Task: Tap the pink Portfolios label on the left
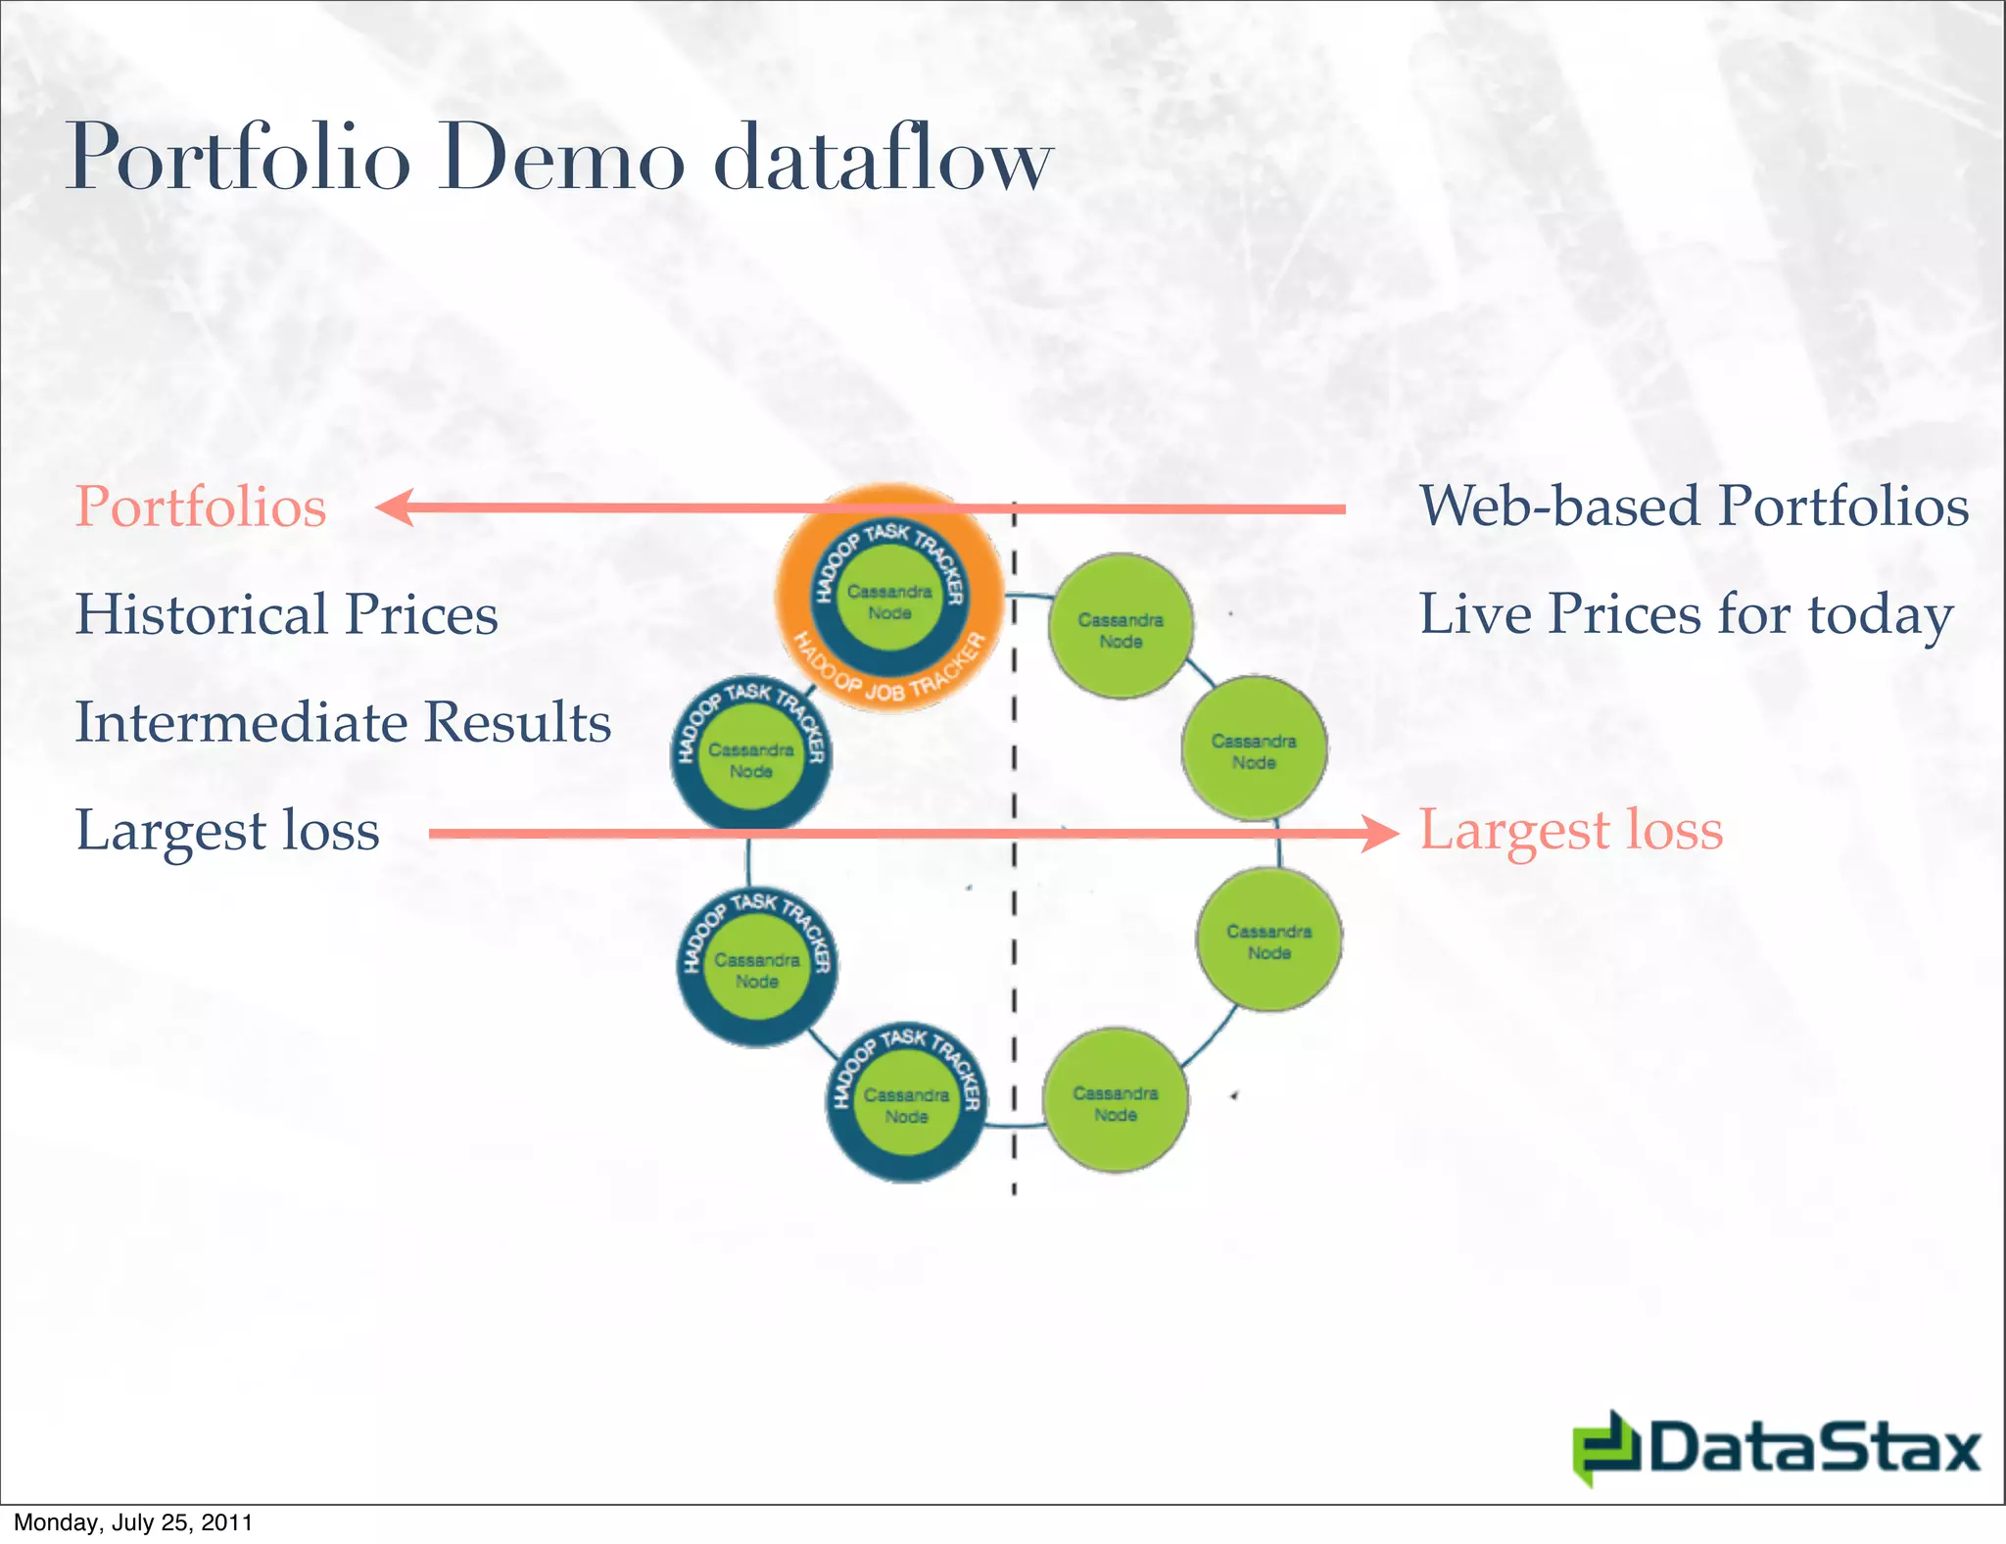point(201,507)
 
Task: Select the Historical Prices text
point(286,615)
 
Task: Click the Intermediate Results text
point(343,723)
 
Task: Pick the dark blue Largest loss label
point(227,831)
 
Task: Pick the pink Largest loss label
point(1570,831)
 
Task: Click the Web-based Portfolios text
point(1694,507)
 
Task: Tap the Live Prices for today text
point(1686,615)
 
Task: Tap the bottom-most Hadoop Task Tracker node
point(906,1105)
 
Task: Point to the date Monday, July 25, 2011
point(133,1522)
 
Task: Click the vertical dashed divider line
point(1014,882)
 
